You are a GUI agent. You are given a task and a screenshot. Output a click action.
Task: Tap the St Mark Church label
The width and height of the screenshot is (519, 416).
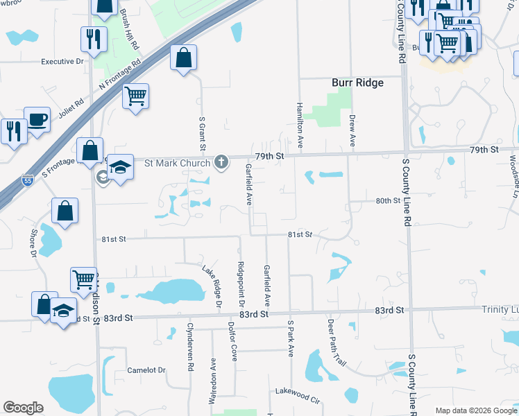pos(177,164)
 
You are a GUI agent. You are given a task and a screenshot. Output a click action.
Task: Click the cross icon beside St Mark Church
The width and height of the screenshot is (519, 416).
pos(221,163)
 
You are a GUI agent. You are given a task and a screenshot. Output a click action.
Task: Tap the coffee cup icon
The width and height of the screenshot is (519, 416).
pos(37,119)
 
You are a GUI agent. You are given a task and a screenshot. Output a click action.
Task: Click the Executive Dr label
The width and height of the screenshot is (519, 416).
pos(62,61)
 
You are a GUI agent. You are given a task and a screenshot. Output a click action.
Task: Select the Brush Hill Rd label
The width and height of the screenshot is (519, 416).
pos(130,28)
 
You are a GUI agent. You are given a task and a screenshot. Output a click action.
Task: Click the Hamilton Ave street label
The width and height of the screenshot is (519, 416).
pos(300,125)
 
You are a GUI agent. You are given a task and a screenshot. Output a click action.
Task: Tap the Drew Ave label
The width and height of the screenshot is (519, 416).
pos(352,131)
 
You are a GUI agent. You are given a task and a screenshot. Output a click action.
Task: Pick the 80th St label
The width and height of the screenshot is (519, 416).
pos(389,200)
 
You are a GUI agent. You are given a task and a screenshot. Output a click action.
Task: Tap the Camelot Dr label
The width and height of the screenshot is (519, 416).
pos(146,370)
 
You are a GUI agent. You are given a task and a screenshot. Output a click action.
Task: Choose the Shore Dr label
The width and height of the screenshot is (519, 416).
pos(33,243)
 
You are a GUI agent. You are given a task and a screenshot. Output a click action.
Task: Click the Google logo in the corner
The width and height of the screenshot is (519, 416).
pos(23,408)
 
